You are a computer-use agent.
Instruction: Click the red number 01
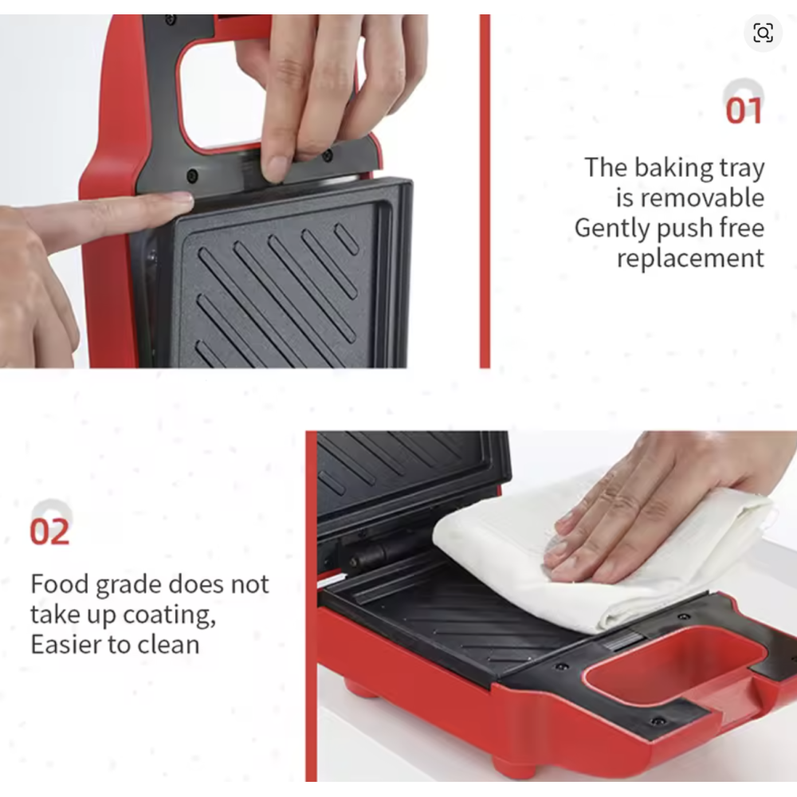[743, 111]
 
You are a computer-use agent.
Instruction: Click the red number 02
[49, 532]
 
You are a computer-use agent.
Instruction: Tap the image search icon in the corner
[763, 33]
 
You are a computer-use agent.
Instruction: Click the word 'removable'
[689, 197]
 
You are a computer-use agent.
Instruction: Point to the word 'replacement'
[689, 257]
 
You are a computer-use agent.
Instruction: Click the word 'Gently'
[612, 228]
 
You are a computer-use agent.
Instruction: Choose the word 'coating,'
[170, 614]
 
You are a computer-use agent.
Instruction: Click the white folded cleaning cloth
[600, 559]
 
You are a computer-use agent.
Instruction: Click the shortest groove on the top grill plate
[346, 239]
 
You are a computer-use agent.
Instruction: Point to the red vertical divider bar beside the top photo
[485, 191]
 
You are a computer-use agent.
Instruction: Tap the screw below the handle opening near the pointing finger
[192, 176]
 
